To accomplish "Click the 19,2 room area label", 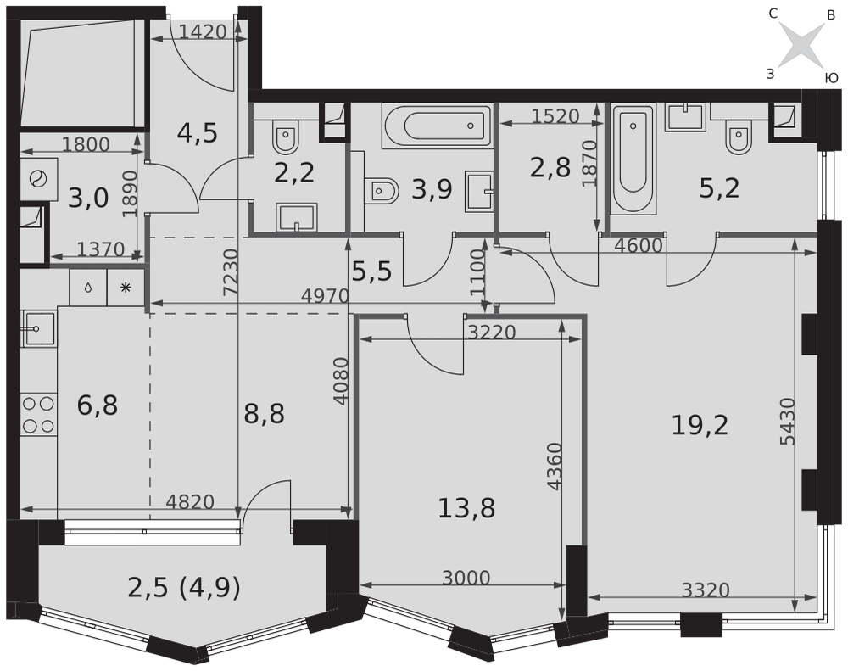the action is pos(700,425).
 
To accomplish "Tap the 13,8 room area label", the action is pos(466,509).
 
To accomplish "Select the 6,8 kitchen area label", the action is pos(98,405).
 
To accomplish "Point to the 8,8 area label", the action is pos(264,414).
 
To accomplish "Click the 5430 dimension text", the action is pos(788,422).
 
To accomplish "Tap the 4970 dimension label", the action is pos(325,296).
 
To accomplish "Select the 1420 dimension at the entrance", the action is pos(203,32).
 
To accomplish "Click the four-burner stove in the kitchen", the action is pos(38,415).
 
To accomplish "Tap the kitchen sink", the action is pos(38,328).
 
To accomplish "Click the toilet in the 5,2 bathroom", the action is pos(739,137).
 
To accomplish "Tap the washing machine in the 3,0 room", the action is pos(39,179).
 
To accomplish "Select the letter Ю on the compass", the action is pos(831,78).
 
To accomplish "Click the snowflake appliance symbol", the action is pos(126,288).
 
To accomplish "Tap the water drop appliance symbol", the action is pos(87,288).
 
